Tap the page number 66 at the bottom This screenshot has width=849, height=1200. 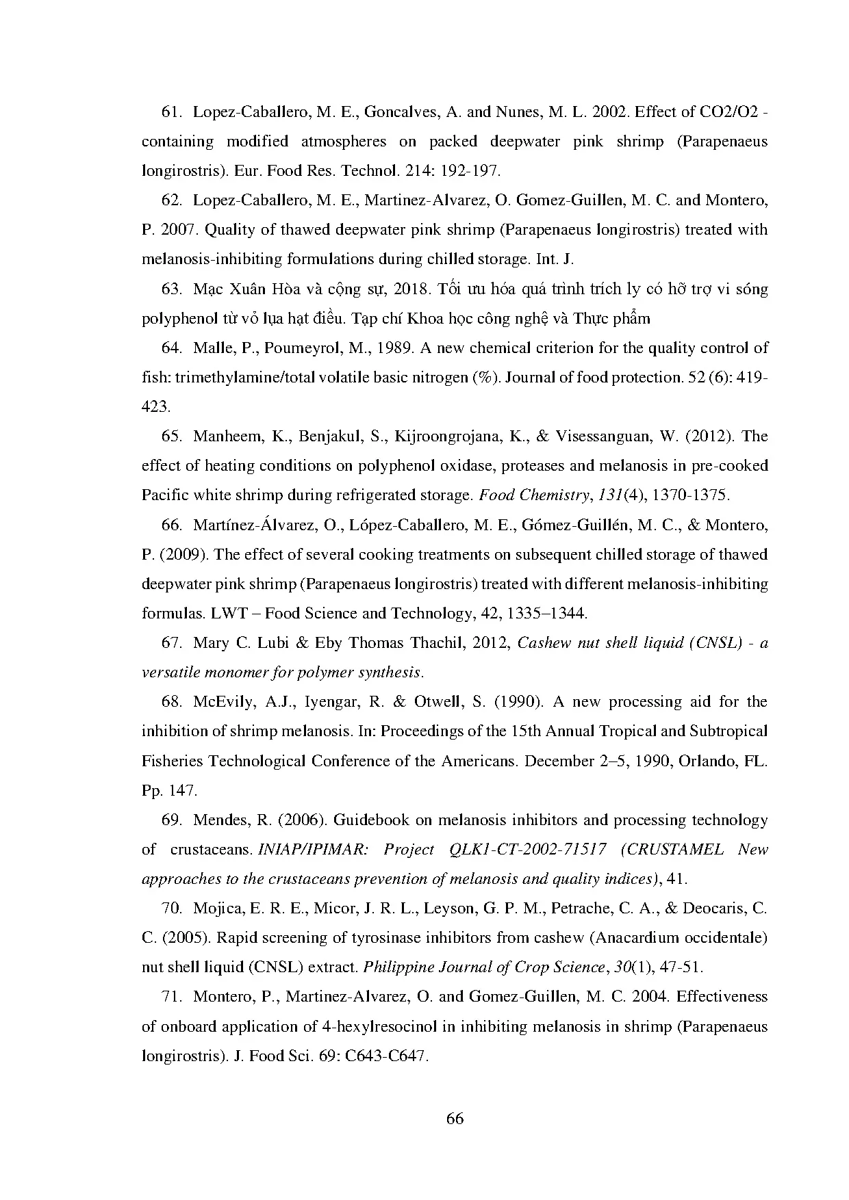pyautogui.click(x=455, y=1119)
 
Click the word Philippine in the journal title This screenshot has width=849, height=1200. pyautogui.click(x=396, y=967)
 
